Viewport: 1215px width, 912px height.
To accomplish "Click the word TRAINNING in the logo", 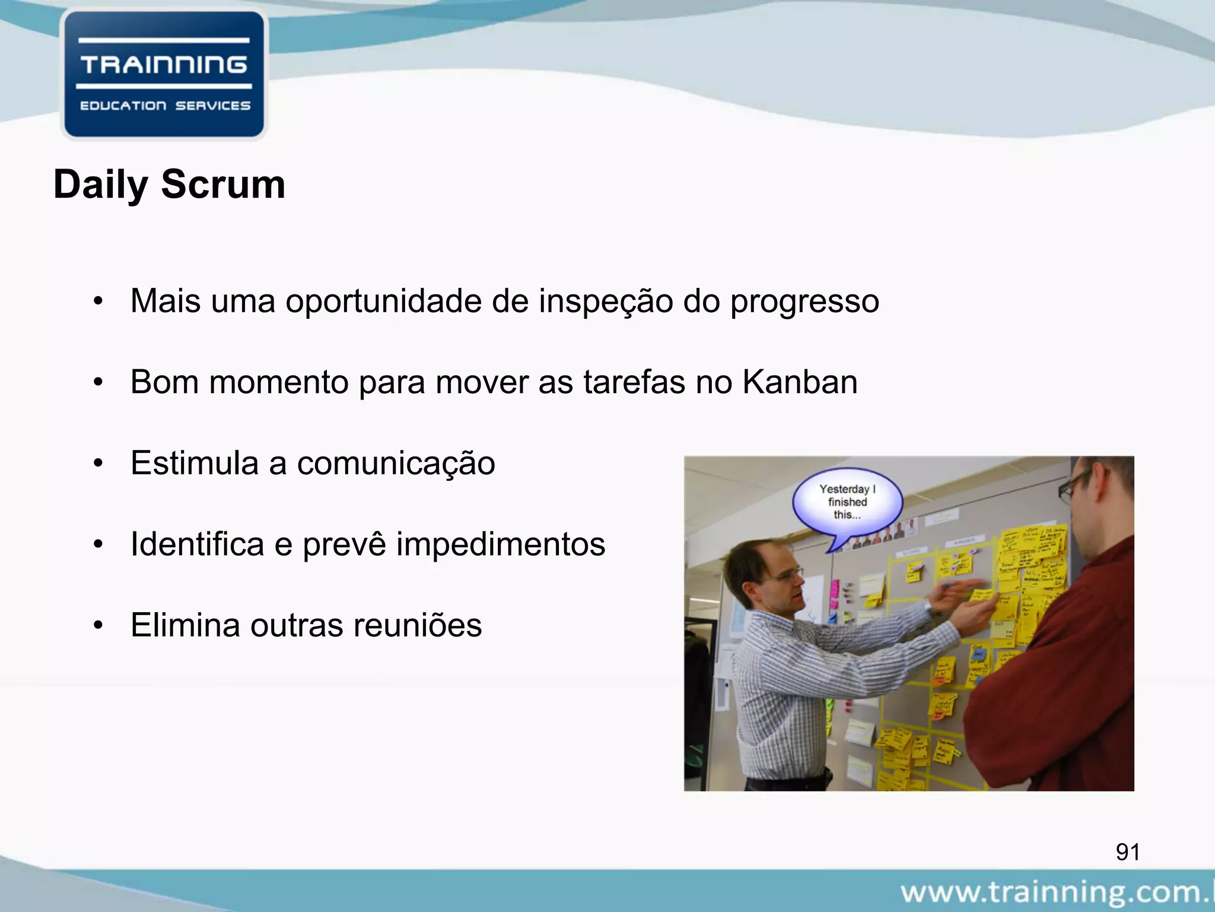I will click(164, 64).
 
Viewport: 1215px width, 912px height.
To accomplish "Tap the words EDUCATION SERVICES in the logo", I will click(165, 106).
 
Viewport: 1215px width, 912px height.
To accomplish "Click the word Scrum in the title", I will click(223, 184).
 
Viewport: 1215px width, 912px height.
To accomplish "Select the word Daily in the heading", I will click(100, 185).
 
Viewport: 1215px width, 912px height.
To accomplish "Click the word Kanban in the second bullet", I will click(800, 382).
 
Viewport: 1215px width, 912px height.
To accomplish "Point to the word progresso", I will click(804, 302).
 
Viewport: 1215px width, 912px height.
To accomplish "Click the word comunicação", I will click(396, 464).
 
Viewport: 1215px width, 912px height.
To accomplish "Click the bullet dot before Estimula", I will click(98, 464).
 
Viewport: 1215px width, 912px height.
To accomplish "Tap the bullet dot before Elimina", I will click(98, 626).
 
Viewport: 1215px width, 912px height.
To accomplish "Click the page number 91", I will click(1127, 852).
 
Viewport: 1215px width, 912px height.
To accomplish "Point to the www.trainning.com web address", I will click(1056, 892).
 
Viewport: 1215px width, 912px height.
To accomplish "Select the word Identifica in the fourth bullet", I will click(197, 544).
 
